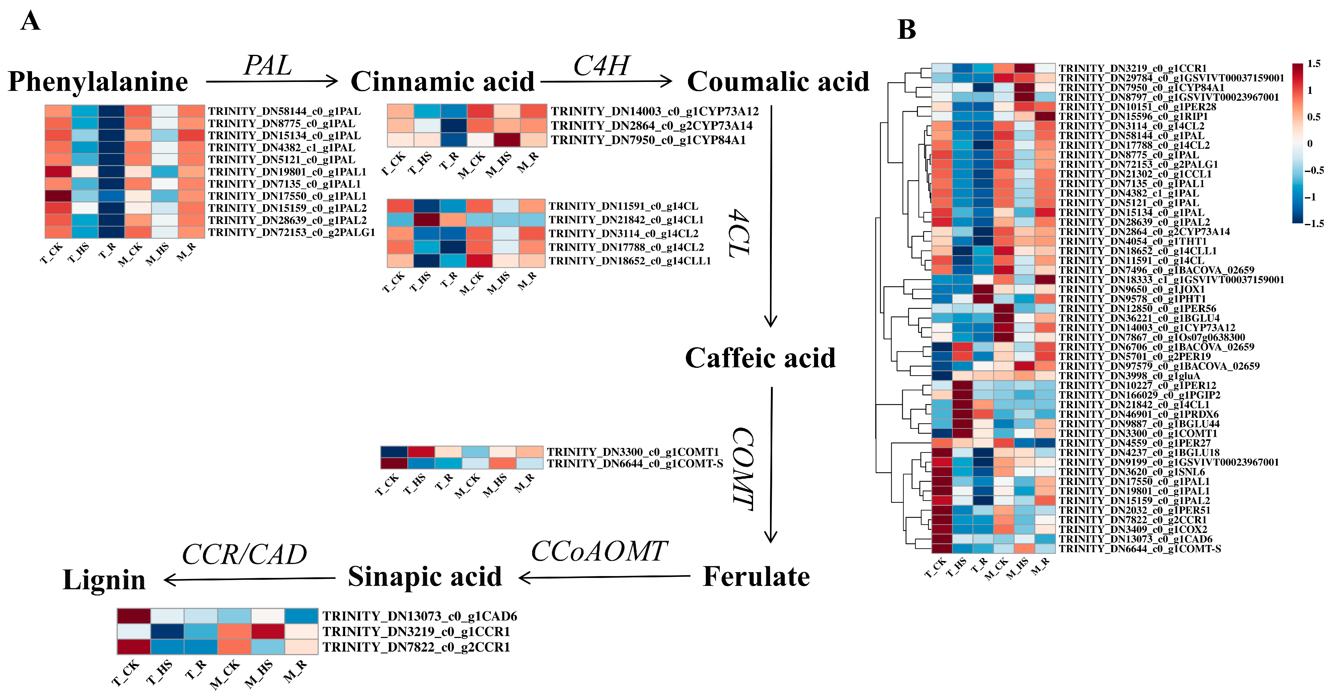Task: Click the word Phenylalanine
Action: pos(98,82)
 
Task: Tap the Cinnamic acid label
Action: pos(442,82)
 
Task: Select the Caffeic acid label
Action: pos(760,358)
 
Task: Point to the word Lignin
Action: pos(104,580)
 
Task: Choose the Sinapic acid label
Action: pos(425,577)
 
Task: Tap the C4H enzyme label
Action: pos(601,66)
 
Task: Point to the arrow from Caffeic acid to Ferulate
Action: pos(771,464)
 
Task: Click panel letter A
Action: pos(30,22)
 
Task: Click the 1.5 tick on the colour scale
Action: pos(1314,64)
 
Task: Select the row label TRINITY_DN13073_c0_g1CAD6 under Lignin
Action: pos(420,616)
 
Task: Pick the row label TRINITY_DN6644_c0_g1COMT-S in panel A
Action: pos(635,464)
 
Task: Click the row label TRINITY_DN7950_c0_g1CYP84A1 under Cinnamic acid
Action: pos(648,140)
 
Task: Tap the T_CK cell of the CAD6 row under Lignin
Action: pos(134,616)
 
